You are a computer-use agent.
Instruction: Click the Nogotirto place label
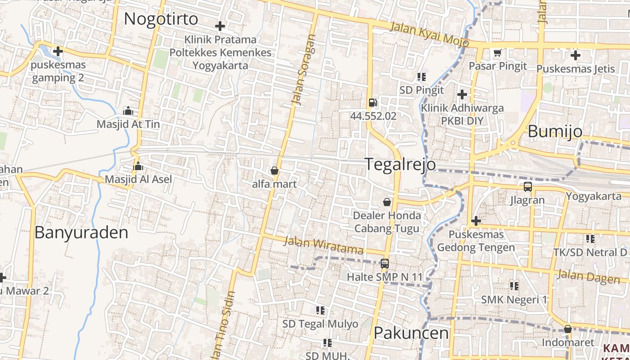pyautogui.click(x=161, y=19)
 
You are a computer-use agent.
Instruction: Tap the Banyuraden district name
pyautogui.click(x=81, y=233)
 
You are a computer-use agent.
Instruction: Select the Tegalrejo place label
pyautogui.click(x=400, y=164)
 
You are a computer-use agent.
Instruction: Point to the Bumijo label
pyautogui.click(x=554, y=131)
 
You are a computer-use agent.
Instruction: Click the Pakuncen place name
pyautogui.click(x=411, y=333)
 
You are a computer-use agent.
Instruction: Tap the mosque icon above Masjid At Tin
pyautogui.click(x=128, y=111)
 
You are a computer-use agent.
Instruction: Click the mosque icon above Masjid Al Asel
pyautogui.click(x=138, y=166)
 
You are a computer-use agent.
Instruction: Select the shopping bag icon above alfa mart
pyautogui.click(x=274, y=171)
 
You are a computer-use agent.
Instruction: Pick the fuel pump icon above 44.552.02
pyautogui.click(x=373, y=103)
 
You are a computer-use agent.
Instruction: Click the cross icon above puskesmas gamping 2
pyautogui.click(x=58, y=51)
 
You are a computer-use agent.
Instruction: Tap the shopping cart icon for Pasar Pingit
pyautogui.click(x=497, y=53)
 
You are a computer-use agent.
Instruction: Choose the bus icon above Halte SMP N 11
pyautogui.click(x=384, y=264)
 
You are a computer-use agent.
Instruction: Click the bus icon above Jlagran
pyautogui.click(x=527, y=186)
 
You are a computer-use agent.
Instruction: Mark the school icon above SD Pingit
pyautogui.click(x=421, y=77)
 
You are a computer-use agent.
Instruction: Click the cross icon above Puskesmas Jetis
pyautogui.click(x=575, y=56)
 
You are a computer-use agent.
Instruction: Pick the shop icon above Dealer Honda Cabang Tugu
pyautogui.click(x=387, y=202)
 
